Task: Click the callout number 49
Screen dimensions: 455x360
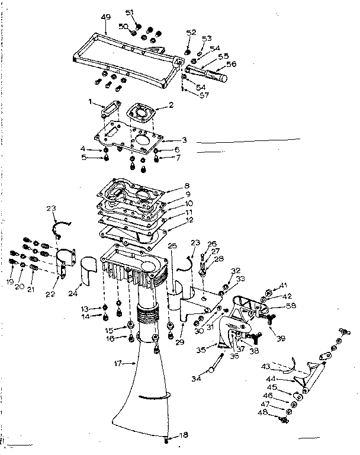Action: [x=106, y=17]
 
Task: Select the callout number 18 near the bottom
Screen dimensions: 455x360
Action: [x=184, y=435]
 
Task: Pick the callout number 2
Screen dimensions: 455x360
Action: [x=171, y=105]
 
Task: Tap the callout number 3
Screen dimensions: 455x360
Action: [x=185, y=140]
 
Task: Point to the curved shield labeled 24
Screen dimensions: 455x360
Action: [x=89, y=270]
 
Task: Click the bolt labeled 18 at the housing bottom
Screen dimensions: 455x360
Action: [x=168, y=439]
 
